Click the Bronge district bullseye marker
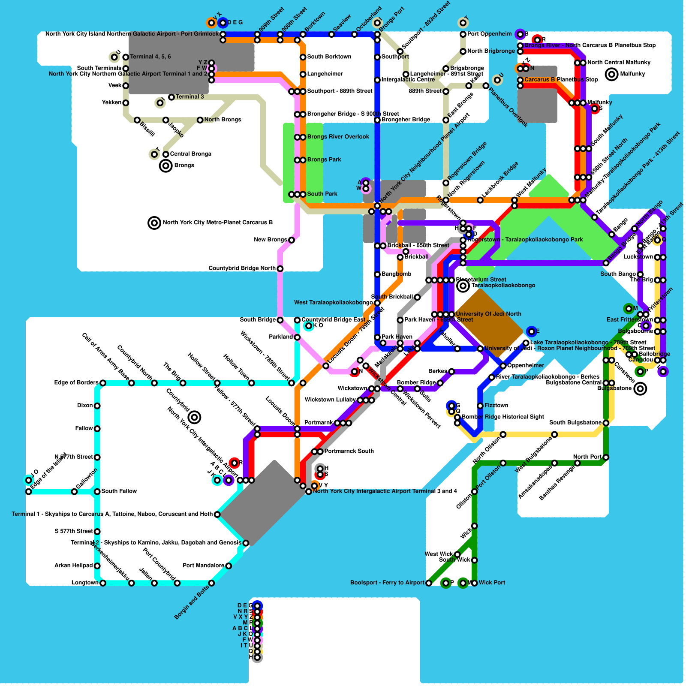pyautogui.click(x=165, y=165)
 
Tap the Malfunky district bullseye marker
pyautogui.click(x=611, y=74)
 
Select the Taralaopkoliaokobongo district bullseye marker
pyautogui.click(x=463, y=286)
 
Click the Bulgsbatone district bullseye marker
pyautogui.click(x=640, y=389)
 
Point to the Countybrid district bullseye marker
pyautogui.click(x=194, y=417)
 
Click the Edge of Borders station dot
pyautogui.click(x=103, y=383)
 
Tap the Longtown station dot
pyautogui.click(x=103, y=583)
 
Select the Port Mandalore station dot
pyautogui.click(x=229, y=566)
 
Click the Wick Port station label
pyautogui.click(x=492, y=583)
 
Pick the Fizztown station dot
pyautogui.click(x=480, y=406)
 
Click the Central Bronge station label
pyautogui.click(x=190, y=154)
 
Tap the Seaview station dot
pyautogui.click(x=331, y=34)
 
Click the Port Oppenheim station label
pyautogui.click(x=489, y=34)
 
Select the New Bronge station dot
pyautogui.click(x=292, y=240)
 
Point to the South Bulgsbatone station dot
pyautogui.click(x=606, y=423)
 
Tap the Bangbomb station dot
pyautogui.click(x=377, y=274)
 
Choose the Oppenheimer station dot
pyautogui.click(x=503, y=366)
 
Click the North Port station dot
pyautogui.click(x=606, y=457)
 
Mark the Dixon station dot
pyautogui.click(x=97, y=406)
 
